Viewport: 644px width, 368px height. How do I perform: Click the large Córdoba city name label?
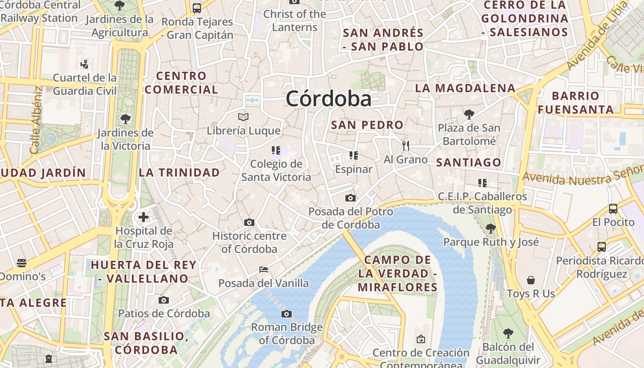tap(328, 99)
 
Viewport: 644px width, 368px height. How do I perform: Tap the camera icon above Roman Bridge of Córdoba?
tap(287, 314)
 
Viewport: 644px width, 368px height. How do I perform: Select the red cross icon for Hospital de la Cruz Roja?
tap(144, 217)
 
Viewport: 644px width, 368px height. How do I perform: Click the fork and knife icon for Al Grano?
tap(405, 146)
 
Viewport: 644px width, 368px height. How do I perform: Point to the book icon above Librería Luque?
tap(243, 117)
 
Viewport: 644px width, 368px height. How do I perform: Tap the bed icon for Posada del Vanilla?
tap(264, 270)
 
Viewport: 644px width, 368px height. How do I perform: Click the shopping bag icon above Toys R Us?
tap(531, 280)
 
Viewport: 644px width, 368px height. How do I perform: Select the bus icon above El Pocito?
tap(613, 209)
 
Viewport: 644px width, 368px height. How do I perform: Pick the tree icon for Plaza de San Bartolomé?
tap(469, 114)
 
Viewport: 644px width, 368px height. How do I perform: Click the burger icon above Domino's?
tap(22, 263)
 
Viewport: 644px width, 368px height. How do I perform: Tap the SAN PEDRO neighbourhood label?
tap(367, 125)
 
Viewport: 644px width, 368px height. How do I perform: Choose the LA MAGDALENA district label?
tap(465, 88)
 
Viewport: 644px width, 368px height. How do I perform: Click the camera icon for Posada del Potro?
tap(351, 198)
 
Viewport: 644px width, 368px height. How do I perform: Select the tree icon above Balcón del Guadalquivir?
tap(508, 333)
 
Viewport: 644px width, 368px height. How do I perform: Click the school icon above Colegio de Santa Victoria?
tap(276, 150)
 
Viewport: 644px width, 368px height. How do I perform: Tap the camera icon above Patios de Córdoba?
tap(163, 300)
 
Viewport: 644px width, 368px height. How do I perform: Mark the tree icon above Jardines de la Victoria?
tap(125, 120)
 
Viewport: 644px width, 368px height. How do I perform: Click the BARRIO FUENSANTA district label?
tap(575, 103)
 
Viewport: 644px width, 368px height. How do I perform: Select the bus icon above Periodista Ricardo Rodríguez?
tap(602, 247)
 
